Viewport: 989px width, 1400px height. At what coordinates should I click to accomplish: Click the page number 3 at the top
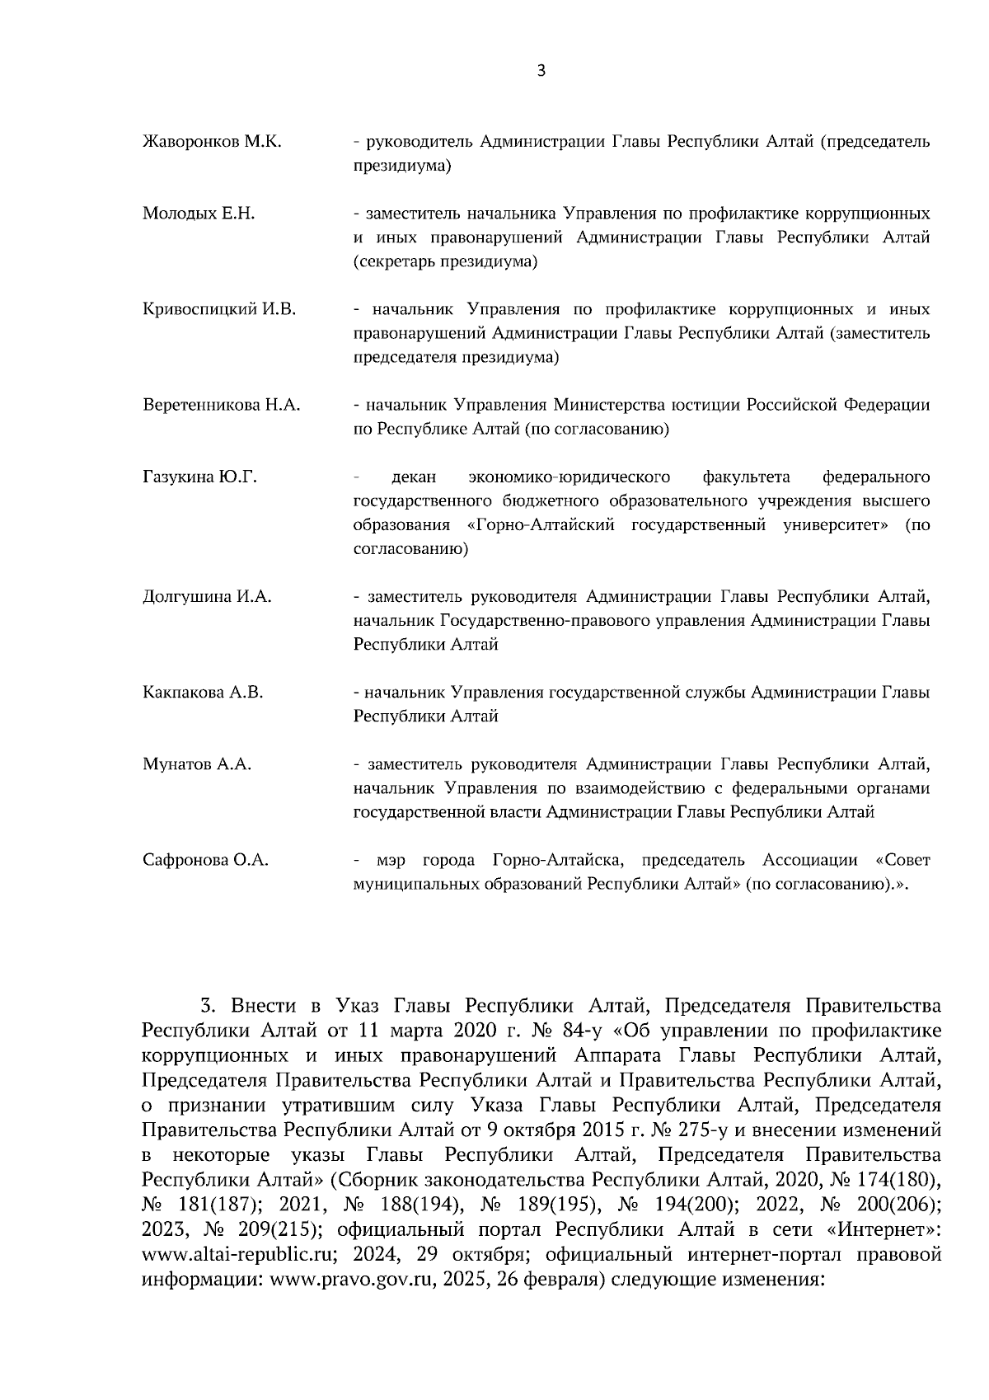click(x=541, y=71)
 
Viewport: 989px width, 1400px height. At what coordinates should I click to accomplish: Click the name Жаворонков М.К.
click(x=212, y=142)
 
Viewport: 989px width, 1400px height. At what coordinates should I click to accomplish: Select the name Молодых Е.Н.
click(x=199, y=214)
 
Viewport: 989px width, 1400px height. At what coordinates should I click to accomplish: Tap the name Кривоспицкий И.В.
click(x=219, y=310)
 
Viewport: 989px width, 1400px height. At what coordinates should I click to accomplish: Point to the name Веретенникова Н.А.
click(x=222, y=406)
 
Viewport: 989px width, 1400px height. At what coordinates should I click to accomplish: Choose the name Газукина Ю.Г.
click(x=199, y=477)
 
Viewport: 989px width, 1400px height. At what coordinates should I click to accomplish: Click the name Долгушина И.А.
click(x=207, y=598)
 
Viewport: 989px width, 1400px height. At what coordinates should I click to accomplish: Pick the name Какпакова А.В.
click(x=203, y=693)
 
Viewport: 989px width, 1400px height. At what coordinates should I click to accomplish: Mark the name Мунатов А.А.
click(x=197, y=765)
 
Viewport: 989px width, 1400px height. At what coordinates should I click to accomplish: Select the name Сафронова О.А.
click(x=206, y=861)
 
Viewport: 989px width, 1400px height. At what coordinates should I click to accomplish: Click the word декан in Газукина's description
click(x=414, y=477)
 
